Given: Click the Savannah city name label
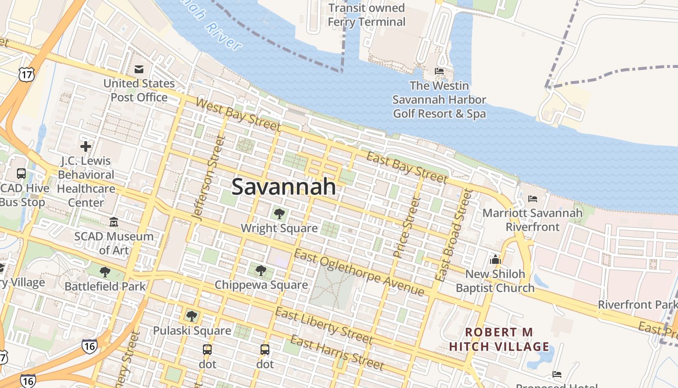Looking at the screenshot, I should [284, 187].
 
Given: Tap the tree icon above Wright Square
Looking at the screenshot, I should [279, 213].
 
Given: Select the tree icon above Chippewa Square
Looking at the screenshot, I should [261, 270].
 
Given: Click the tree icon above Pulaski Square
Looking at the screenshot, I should [192, 316].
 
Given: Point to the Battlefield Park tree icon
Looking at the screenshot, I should [105, 272].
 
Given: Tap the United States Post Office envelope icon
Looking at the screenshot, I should [139, 69].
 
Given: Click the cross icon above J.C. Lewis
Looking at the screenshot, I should [86, 146].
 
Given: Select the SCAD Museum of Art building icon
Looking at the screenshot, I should [114, 222].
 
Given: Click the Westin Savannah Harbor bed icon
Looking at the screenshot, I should [439, 71].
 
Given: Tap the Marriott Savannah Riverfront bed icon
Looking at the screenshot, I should [533, 199].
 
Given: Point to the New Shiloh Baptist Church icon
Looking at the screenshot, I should [495, 260].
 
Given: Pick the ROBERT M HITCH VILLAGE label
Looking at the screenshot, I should [499, 339].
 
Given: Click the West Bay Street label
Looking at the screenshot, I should [238, 114].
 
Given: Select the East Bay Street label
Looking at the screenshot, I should [407, 168].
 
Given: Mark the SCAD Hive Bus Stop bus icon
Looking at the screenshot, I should [21, 174].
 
